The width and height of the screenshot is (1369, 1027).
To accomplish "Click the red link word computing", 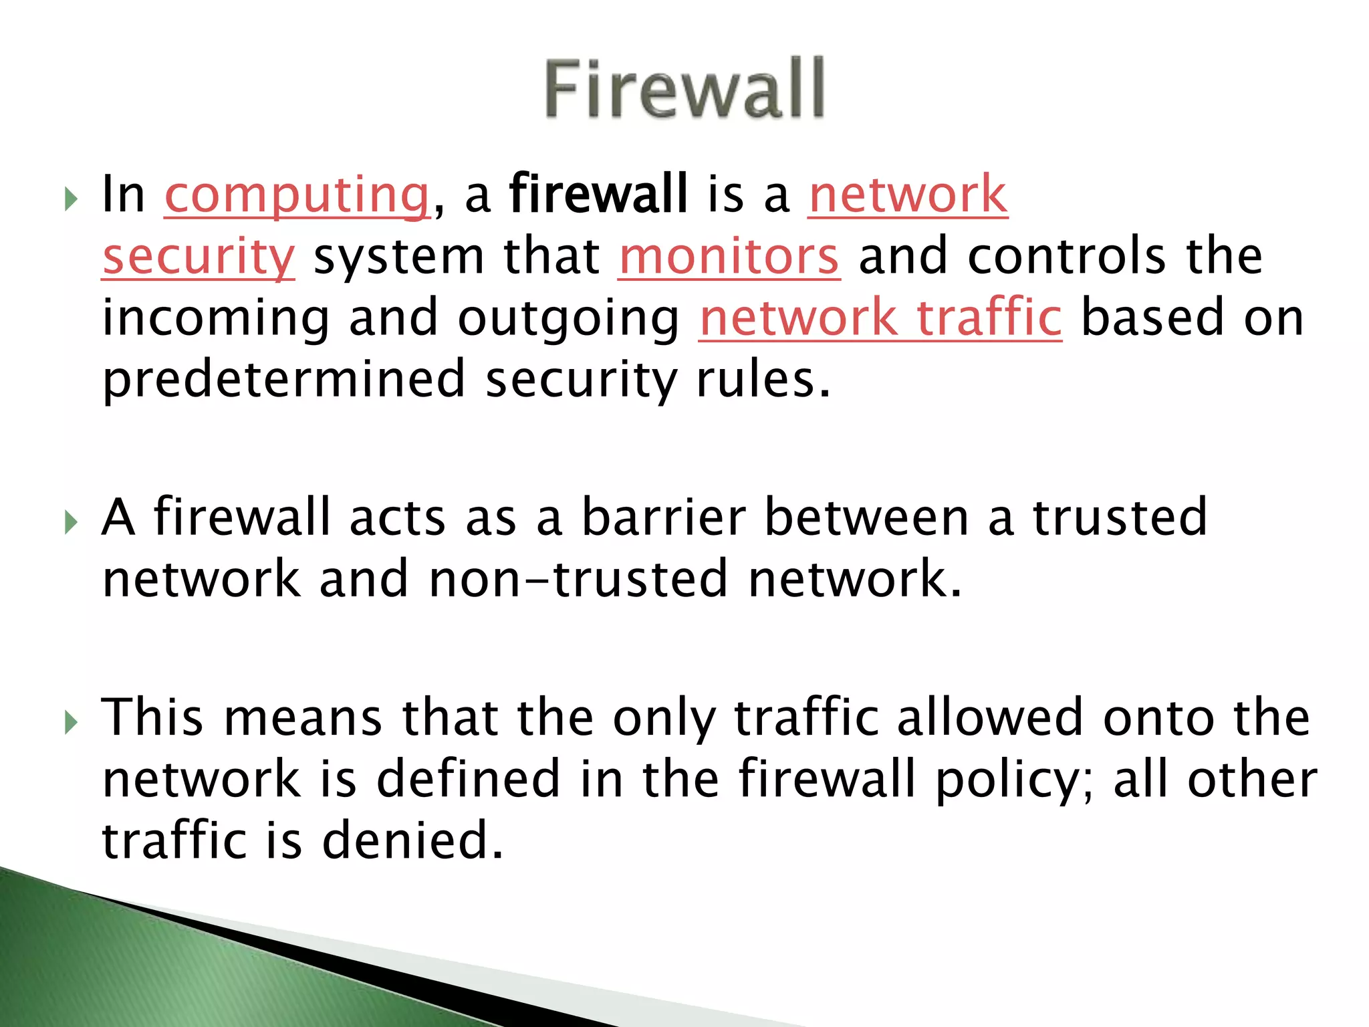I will click(x=297, y=195).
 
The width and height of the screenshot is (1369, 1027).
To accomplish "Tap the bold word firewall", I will click(x=598, y=194).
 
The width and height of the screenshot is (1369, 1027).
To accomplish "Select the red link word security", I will click(x=199, y=257).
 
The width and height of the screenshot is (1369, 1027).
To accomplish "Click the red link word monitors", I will click(x=729, y=257).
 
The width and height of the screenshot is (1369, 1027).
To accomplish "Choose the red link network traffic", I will click(x=880, y=318).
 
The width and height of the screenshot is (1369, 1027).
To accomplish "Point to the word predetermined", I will click(x=283, y=380).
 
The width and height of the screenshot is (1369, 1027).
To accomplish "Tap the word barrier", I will click(x=663, y=518).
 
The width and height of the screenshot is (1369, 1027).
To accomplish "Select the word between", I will click(x=866, y=518).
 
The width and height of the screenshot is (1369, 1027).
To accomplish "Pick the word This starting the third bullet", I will click(x=152, y=717).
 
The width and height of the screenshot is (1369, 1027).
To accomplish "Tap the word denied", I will click(x=412, y=841).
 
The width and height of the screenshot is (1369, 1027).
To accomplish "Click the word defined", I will click(x=468, y=779).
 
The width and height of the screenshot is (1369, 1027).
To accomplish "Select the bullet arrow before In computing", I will click(x=72, y=199).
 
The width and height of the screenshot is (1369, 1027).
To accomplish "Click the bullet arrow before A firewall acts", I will click(x=72, y=522).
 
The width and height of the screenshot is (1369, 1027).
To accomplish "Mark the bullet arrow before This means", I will click(x=72, y=722).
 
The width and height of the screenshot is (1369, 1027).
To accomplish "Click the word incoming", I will click(x=215, y=320).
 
